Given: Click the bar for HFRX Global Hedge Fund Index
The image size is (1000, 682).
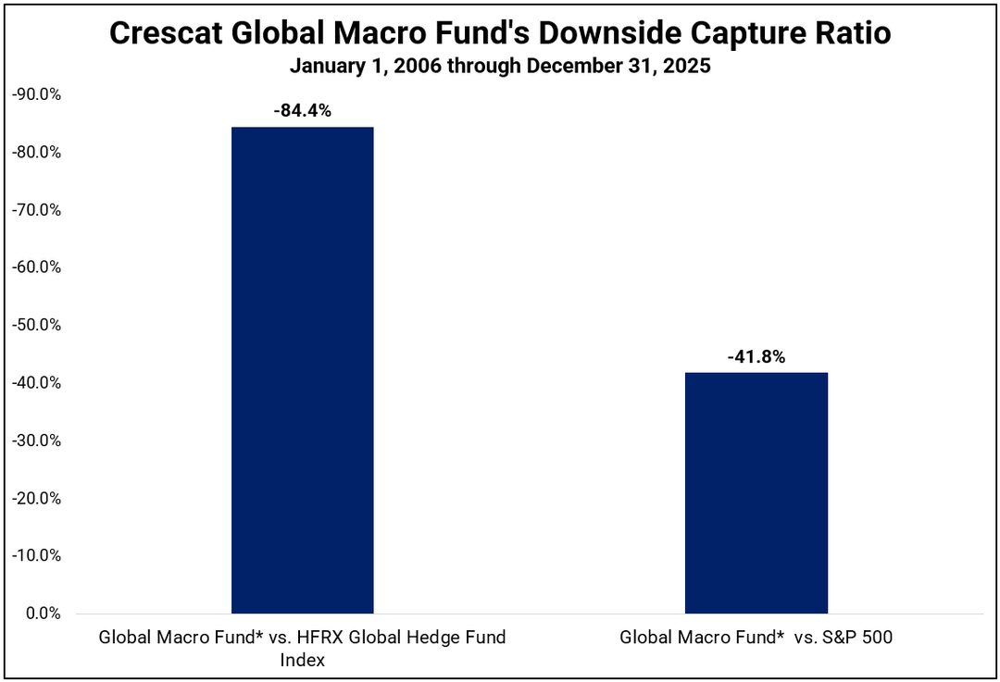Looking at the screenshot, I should (302, 370).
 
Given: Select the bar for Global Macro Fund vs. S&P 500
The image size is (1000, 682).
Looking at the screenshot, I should (756, 492).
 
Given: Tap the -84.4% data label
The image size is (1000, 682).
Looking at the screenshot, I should (302, 111).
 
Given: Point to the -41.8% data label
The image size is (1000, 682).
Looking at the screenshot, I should (756, 356).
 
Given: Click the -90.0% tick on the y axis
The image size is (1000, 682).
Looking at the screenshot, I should (36, 94).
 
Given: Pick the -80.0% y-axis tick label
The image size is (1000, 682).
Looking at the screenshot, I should (36, 152).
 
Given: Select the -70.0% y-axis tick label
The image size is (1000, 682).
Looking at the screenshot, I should (36, 210).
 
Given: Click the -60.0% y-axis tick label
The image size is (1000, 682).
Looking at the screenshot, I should (36, 267).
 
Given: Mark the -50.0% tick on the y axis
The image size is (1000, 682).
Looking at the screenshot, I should (36, 325).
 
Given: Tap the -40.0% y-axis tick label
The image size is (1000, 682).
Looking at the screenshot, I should (36, 383).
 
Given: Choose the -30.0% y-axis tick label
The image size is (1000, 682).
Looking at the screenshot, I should (36, 440).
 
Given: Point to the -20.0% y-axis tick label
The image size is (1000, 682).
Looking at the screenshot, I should (36, 498).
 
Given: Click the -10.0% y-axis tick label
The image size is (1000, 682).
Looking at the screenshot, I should (36, 556).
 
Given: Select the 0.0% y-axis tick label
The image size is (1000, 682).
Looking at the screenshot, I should (40, 614).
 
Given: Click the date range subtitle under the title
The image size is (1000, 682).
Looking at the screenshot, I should (500, 67).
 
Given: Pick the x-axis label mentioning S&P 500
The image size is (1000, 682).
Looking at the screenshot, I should (756, 638).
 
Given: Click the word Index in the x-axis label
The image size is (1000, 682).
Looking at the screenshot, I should (302, 661).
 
